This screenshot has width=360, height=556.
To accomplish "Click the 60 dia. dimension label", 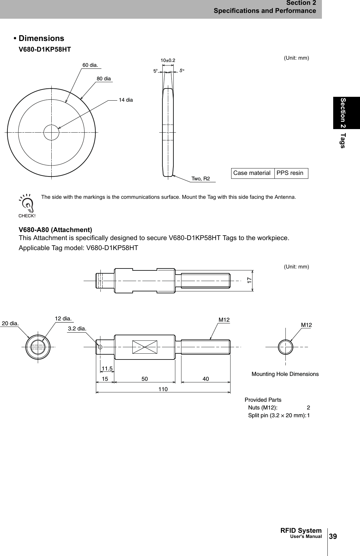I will [90, 65].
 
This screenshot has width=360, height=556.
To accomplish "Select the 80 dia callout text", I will [104, 79].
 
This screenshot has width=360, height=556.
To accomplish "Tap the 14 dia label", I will [126, 100].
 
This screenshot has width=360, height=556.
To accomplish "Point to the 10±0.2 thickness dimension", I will [168, 60].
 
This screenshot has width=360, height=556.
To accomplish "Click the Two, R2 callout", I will [201, 179].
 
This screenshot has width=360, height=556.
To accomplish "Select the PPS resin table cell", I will [290, 173].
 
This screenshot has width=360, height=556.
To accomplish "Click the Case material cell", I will [252, 173].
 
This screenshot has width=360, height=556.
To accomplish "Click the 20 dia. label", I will [10, 323].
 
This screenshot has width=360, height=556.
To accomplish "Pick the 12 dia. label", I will [63, 318].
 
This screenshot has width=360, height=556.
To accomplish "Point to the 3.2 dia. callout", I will [77, 329].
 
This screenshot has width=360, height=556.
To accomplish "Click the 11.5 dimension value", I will [107, 368].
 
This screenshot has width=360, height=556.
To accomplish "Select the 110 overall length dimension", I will [163, 389].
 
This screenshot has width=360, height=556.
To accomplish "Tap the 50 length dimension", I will [145, 379].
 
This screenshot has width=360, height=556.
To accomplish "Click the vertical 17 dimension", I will [249, 280].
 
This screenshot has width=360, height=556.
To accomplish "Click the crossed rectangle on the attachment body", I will [145, 347].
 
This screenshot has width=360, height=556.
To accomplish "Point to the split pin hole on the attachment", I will [100, 347].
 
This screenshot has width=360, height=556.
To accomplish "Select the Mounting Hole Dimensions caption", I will [285, 374].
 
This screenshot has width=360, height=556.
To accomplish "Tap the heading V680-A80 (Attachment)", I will [56, 230].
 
